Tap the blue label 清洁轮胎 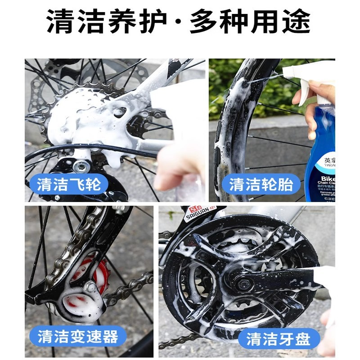(261, 184)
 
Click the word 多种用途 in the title (250, 22)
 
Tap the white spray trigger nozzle (310, 72)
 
